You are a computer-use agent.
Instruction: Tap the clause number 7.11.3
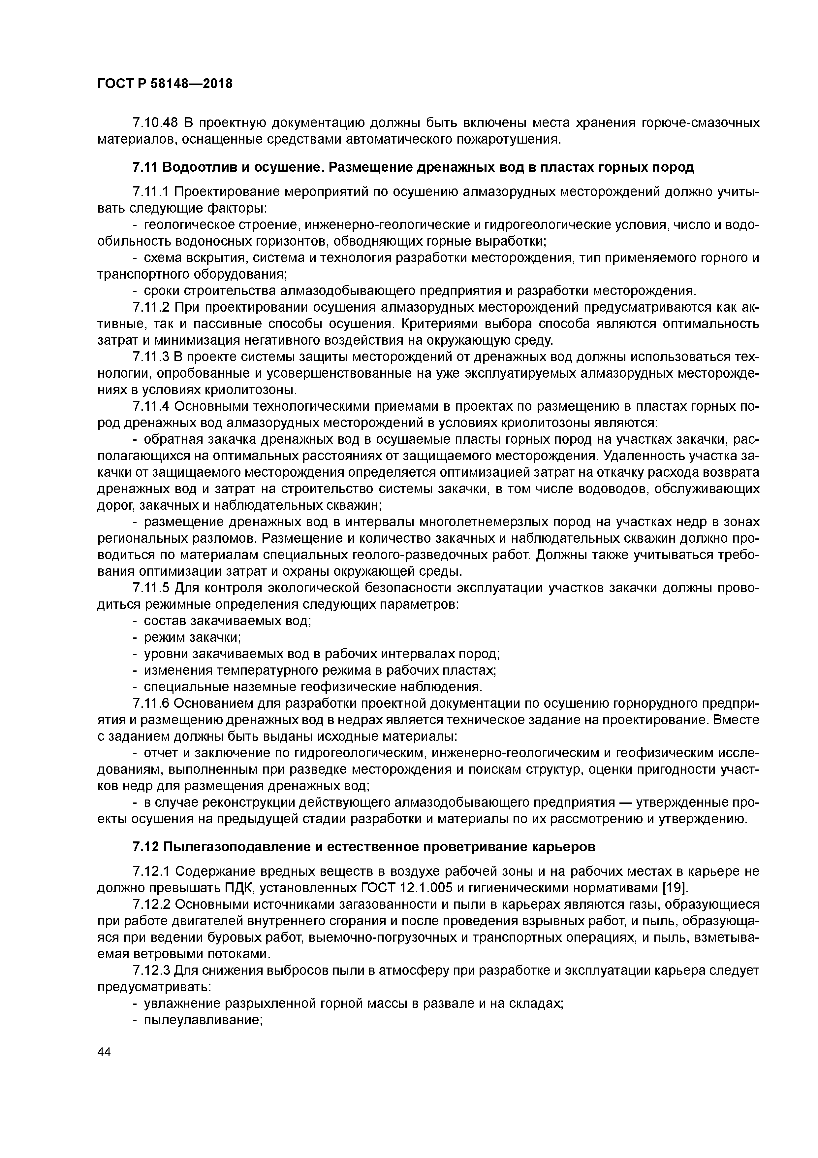[x=151, y=357]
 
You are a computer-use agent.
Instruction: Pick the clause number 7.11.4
[x=151, y=406]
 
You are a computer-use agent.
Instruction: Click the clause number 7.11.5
[x=151, y=588]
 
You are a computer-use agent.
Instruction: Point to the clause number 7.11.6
[x=151, y=703]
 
